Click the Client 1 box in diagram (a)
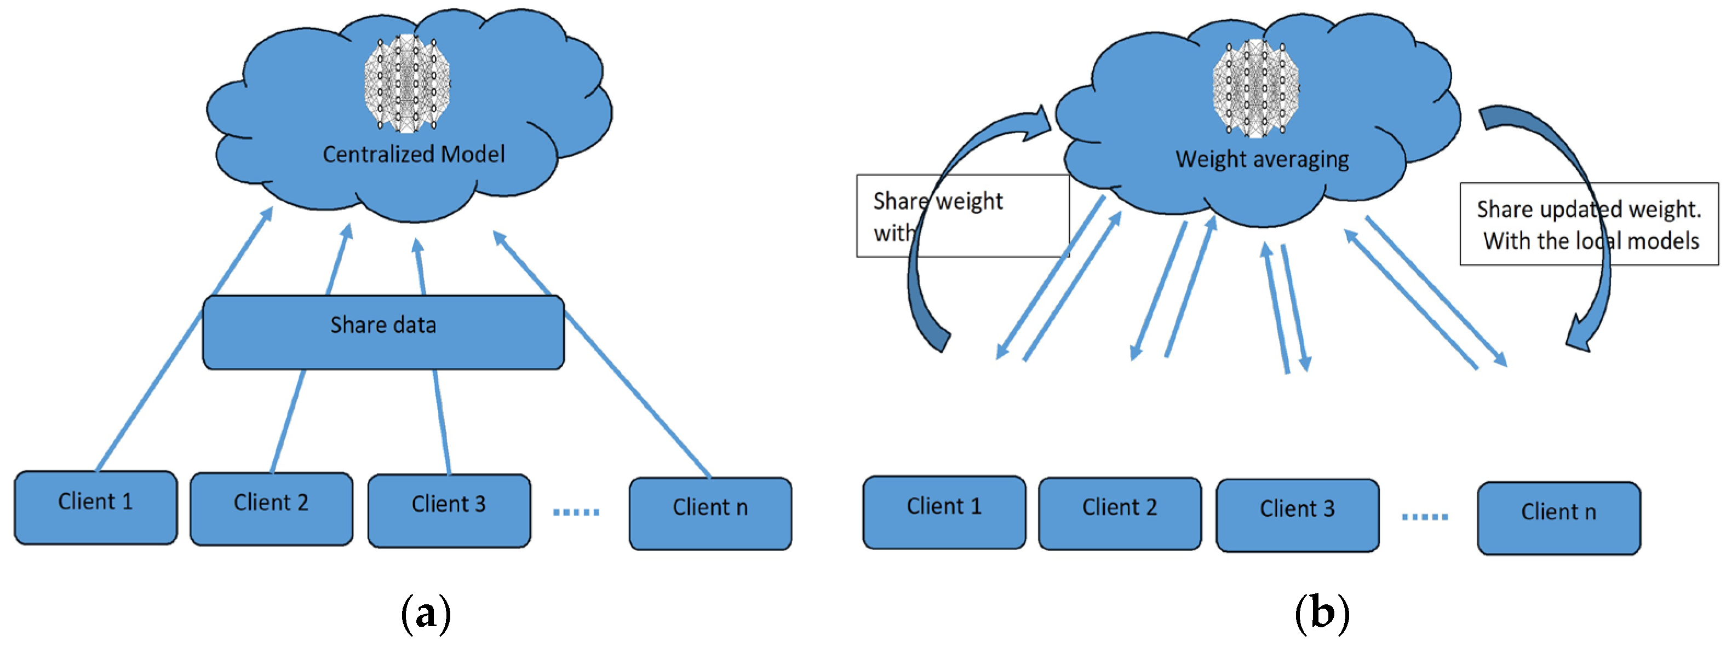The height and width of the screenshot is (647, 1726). pyautogui.click(x=96, y=507)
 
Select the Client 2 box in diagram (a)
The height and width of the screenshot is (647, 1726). pyautogui.click(x=271, y=509)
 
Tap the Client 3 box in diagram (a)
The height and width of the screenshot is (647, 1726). pyautogui.click(x=449, y=510)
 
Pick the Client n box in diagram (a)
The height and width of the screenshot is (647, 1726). pyautogui.click(x=710, y=513)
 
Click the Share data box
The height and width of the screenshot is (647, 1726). pyautogui.click(x=383, y=332)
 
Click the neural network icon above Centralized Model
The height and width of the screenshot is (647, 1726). pyautogui.click(x=406, y=84)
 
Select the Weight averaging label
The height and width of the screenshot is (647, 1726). pyautogui.click(x=1263, y=159)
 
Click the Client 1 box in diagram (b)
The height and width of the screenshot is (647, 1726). pyautogui.click(x=944, y=512)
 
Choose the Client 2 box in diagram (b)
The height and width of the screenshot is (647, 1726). pyautogui.click(x=1120, y=514)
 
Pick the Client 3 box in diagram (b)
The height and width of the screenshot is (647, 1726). pyautogui.click(x=1297, y=515)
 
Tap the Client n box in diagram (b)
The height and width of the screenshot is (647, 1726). pyautogui.click(x=1558, y=518)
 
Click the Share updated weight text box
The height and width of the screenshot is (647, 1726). pyautogui.click(x=1589, y=224)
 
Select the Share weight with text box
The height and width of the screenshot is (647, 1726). pyautogui.click(x=962, y=216)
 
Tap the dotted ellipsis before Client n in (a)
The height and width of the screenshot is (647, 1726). pyautogui.click(x=576, y=512)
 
